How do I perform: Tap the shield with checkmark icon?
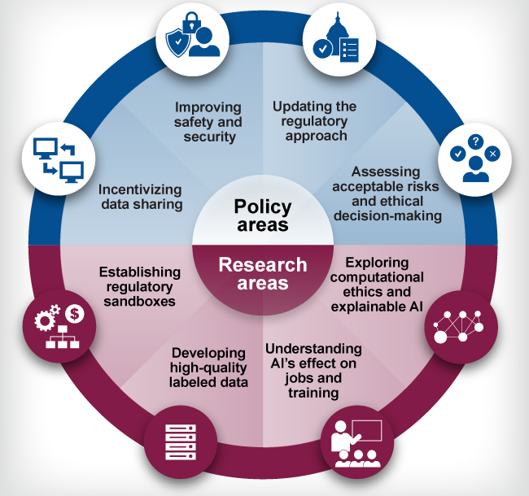pyautogui.click(x=178, y=41)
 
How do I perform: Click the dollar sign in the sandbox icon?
pyautogui.click(x=74, y=311)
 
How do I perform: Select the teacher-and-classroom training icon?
pyautogui.click(x=357, y=442)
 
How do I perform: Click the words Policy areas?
pyautogui.click(x=262, y=215)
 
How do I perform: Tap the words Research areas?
pyautogui.click(x=262, y=274)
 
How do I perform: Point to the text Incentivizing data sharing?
pyautogui.click(x=140, y=196)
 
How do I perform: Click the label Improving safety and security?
pyautogui.click(x=208, y=122)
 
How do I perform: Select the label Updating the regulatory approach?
pyautogui.click(x=315, y=121)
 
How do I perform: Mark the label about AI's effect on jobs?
pyautogui.click(x=313, y=371)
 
